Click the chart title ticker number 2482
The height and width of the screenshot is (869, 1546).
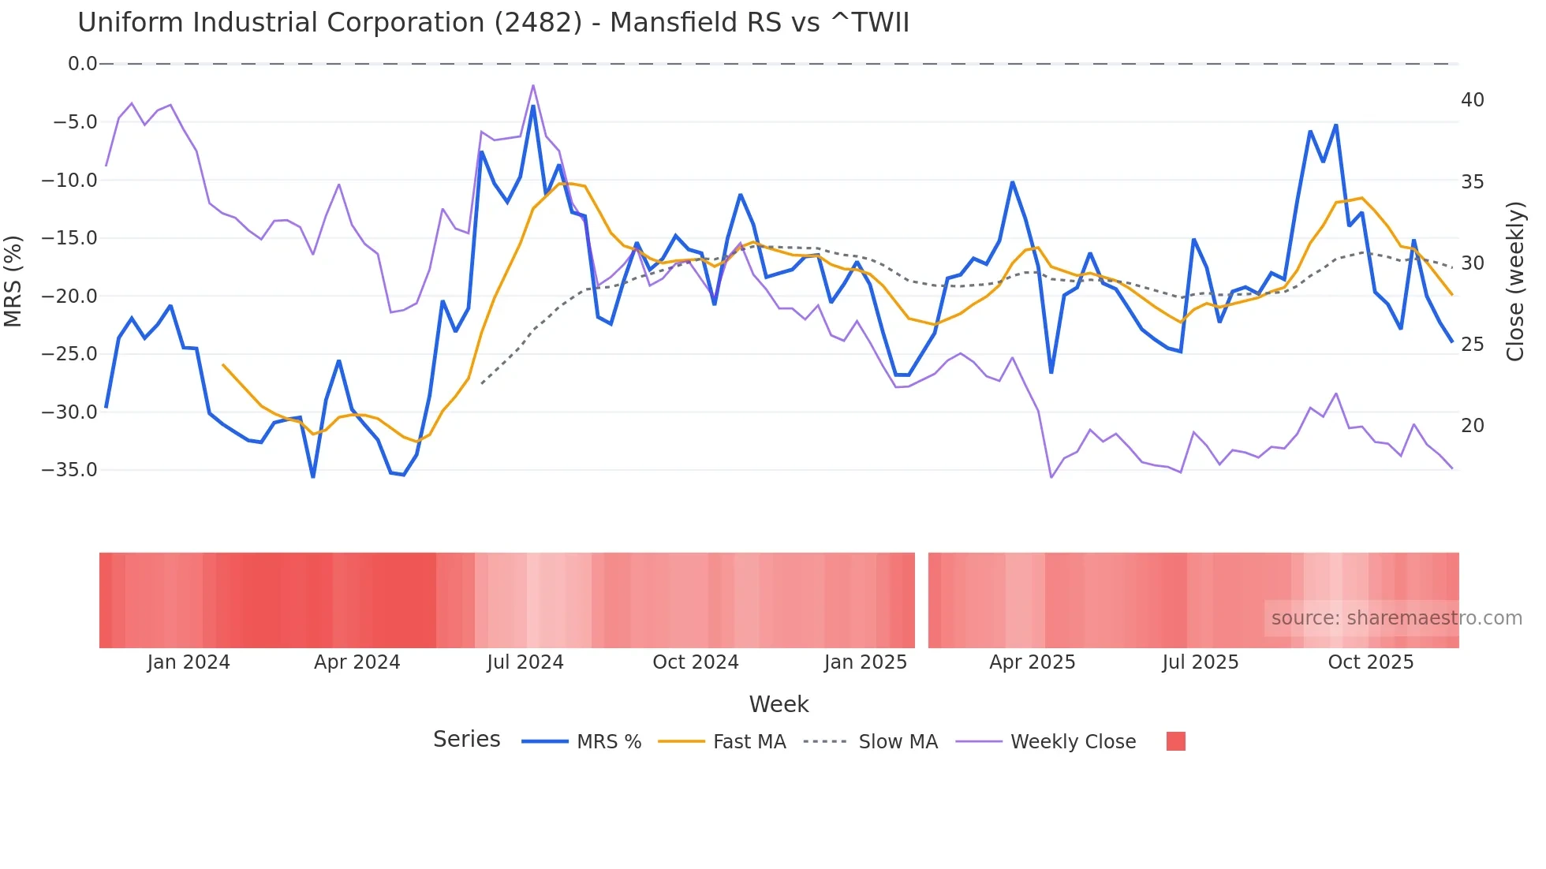click(x=537, y=23)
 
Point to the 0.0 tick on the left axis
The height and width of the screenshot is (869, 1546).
click(x=82, y=64)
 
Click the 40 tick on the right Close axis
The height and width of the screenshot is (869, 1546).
click(x=1472, y=100)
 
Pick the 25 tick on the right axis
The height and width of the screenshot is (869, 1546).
click(x=1472, y=345)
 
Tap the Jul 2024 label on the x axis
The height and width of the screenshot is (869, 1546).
click(x=525, y=662)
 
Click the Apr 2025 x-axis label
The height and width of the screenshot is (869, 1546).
click(x=1032, y=662)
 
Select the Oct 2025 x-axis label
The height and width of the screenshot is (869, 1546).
click(x=1370, y=662)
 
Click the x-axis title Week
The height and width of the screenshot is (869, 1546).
click(x=779, y=704)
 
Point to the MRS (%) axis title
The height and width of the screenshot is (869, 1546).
click(x=13, y=281)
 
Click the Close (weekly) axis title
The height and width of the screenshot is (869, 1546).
click(x=1514, y=282)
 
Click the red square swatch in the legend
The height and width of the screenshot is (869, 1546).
click(x=1175, y=741)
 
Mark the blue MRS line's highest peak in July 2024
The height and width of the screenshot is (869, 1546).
click(x=533, y=106)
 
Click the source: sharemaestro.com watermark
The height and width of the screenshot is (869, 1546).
click(x=1396, y=618)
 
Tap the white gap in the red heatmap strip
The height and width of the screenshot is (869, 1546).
click(x=921, y=600)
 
